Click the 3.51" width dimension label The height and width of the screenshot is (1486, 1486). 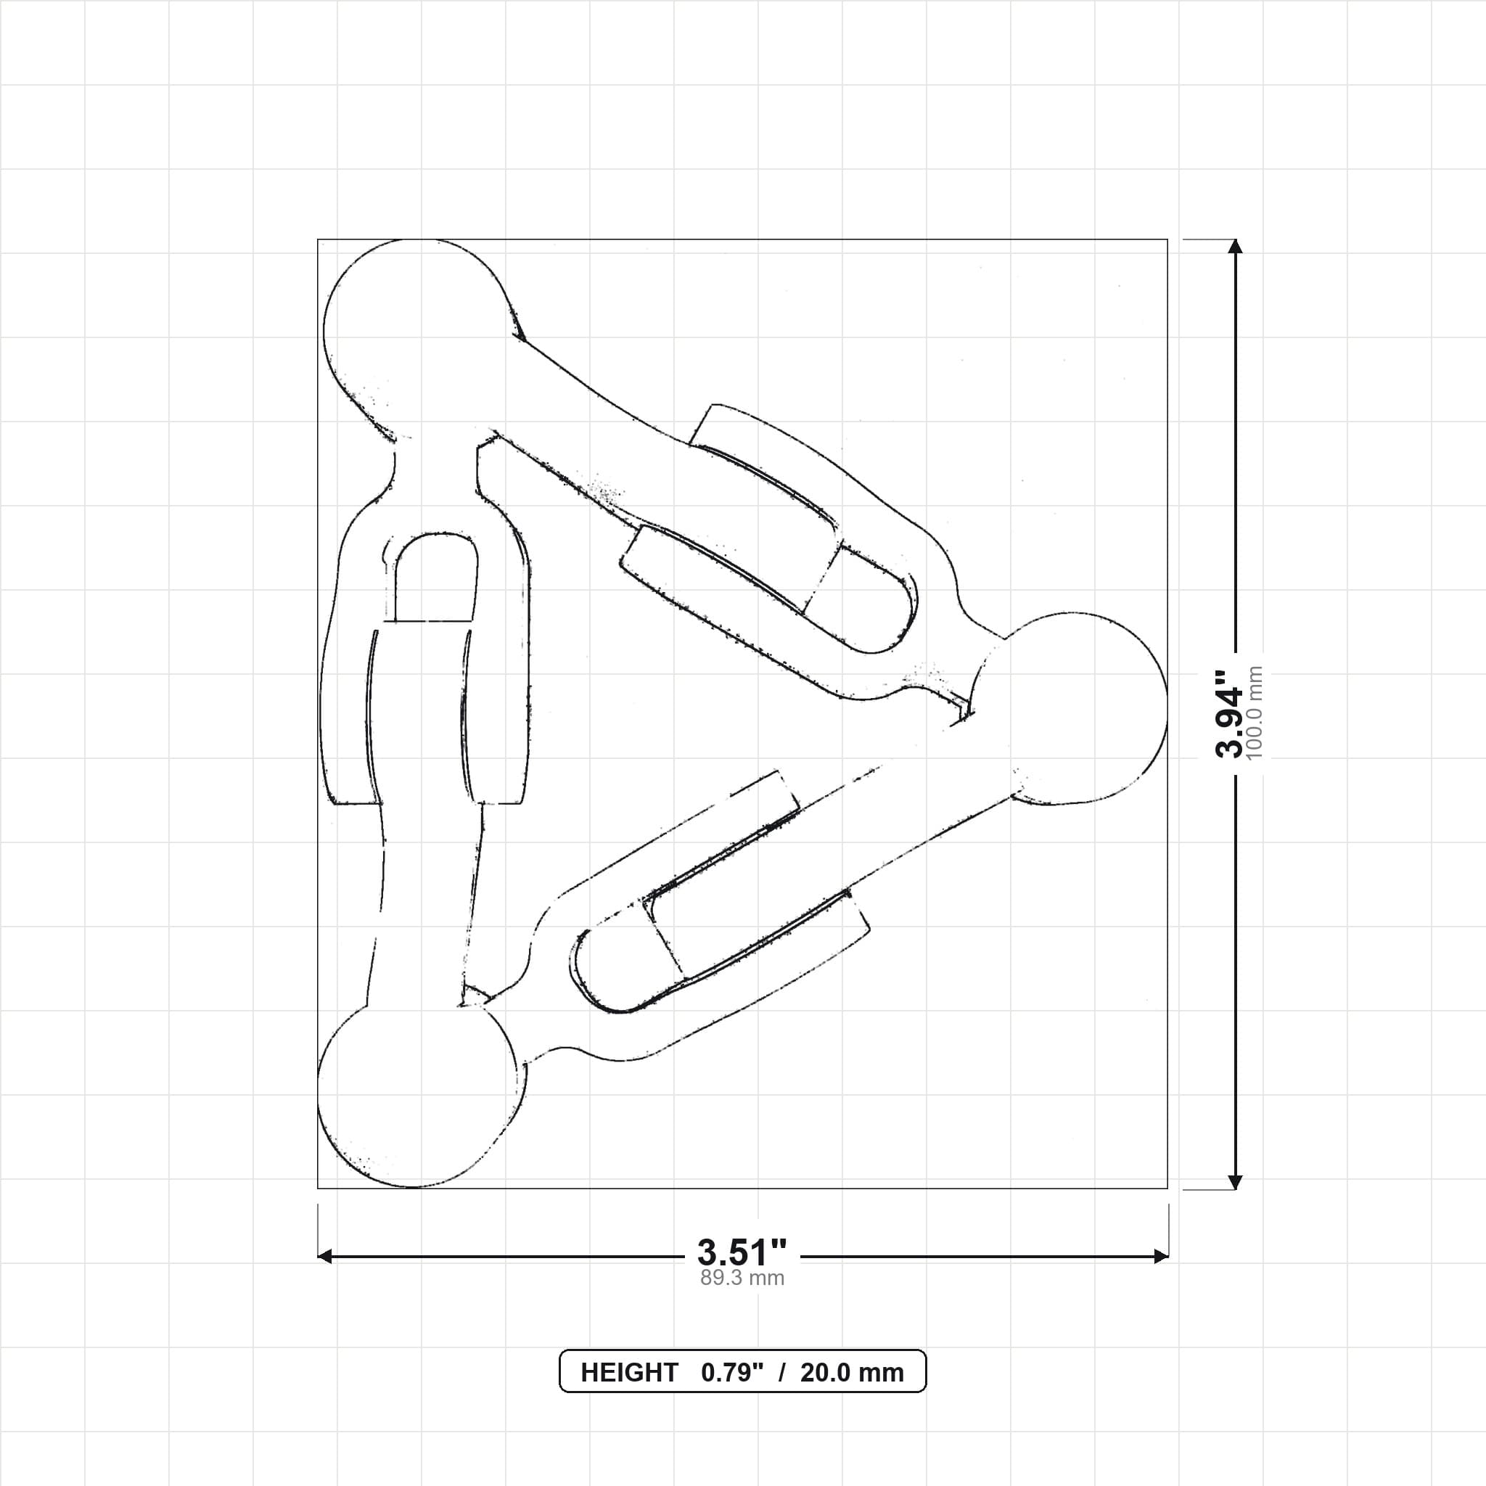(x=742, y=1252)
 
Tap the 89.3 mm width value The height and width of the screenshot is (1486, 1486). (x=742, y=1278)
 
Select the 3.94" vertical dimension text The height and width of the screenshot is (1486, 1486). (x=1229, y=714)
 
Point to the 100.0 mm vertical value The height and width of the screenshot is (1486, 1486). (x=1255, y=714)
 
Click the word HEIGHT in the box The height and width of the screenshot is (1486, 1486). (x=629, y=1373)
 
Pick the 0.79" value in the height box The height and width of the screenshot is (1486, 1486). (x=732, y=1373)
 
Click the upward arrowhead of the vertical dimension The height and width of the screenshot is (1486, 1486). (x=1235, y=246)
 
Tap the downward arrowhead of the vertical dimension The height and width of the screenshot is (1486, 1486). (x=1235, y=1181)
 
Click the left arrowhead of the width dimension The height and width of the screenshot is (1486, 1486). (x=325, y=1256)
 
